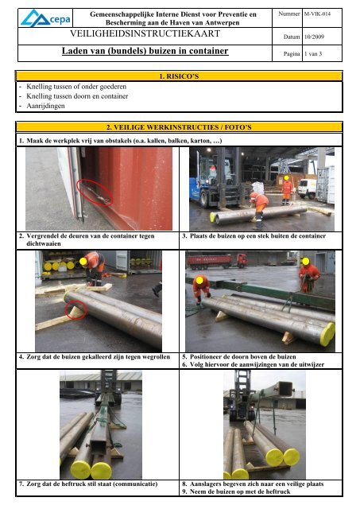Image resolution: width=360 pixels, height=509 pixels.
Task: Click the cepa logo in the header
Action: (45, 18)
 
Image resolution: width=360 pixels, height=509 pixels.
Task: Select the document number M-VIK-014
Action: (317, 14)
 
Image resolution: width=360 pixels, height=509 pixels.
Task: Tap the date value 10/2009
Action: (314, 37)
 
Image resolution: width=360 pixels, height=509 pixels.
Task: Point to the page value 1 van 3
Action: (313, 54)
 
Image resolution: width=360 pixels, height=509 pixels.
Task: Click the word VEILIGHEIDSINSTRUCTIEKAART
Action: (145, 33)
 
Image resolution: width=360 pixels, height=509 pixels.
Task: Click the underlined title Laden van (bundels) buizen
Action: (145, 51)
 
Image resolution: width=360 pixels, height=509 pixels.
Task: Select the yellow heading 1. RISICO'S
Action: (179, 76)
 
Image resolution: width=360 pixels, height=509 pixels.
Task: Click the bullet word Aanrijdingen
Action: (45, 106)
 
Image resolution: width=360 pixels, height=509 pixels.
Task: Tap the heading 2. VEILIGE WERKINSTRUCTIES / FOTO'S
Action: (179, 127)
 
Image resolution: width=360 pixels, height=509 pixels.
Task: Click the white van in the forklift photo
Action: (307, 188)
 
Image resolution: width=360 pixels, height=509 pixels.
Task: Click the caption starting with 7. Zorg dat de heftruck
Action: (88, 484)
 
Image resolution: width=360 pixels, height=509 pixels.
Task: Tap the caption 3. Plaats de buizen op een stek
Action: (254, 236)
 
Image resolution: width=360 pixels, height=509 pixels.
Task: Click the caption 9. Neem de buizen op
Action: (236, 492)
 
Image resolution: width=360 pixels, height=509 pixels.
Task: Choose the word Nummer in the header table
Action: (288, 14)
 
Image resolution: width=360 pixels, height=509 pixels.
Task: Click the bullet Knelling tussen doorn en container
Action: (77, 96)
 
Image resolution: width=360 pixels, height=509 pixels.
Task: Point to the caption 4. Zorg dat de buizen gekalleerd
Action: (95, 357)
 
